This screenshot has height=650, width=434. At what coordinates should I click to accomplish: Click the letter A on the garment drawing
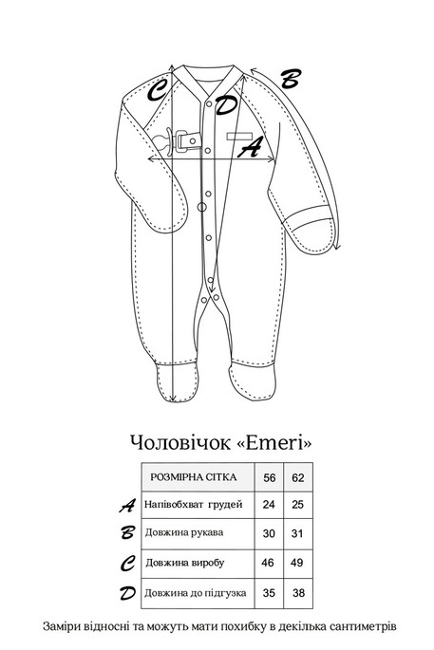pyautogui.click(x=251, y=147)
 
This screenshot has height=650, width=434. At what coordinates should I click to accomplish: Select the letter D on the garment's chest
pyautogui.click(x=226, y=104)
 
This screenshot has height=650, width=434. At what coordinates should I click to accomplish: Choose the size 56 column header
pyautogui.click(x=269, y=478)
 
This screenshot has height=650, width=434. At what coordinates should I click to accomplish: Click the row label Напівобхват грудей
pyautogui.click(x=194, y=503)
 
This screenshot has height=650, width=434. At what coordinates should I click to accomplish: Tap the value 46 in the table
pyautogui.click(x=269, y=563)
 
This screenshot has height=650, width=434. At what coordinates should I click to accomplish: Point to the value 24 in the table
pyautogui.click(x=269, y=503)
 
